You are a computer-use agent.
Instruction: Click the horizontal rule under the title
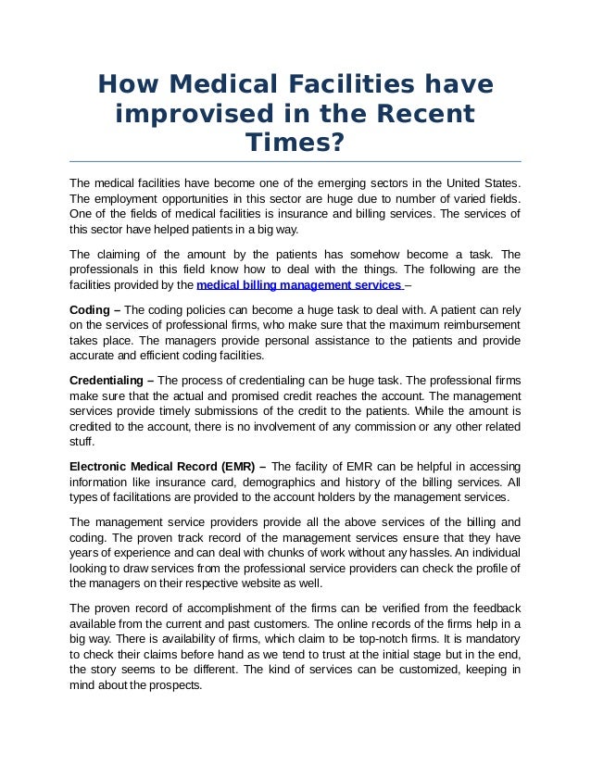295,161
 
